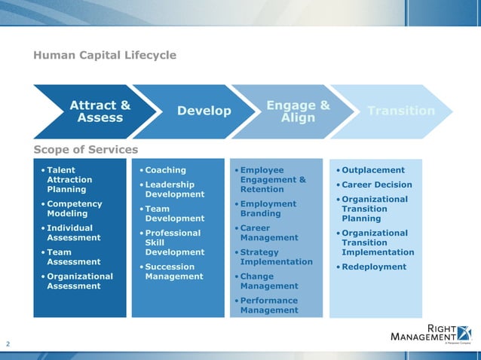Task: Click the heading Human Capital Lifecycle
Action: click(x=105, y=55)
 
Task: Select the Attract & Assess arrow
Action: click(x=100, y=111)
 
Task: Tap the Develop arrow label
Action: click(x=204, y=111)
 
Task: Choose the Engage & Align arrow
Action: click(x=298, y=111)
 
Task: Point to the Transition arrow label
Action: click(x=400, y=111)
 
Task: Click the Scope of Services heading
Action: click(x=85, y=149)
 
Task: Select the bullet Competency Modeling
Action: click(x=74, y=209)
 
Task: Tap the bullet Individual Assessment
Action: click(x=74, y=233)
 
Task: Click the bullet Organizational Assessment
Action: click(x=79, y=281)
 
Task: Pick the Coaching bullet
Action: click(x=165, y=170)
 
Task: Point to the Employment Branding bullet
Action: click(x=268, y=209)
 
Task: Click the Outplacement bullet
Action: click(x=373, y=170)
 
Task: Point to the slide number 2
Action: click(x=8, y=344)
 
